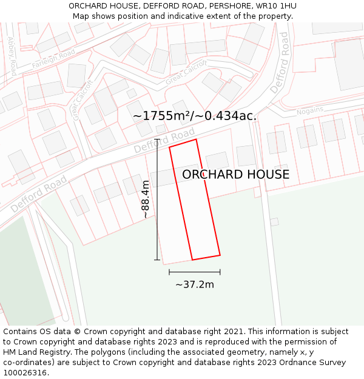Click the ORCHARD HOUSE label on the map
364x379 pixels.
235,175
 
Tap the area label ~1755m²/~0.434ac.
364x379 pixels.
195,116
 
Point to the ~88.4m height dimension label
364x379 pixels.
146,200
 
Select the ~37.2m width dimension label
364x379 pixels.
195,284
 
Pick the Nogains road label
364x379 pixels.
309,110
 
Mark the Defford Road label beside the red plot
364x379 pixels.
164,140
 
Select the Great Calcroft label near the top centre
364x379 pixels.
186,72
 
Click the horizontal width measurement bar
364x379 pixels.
195,272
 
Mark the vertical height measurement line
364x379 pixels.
157,200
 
